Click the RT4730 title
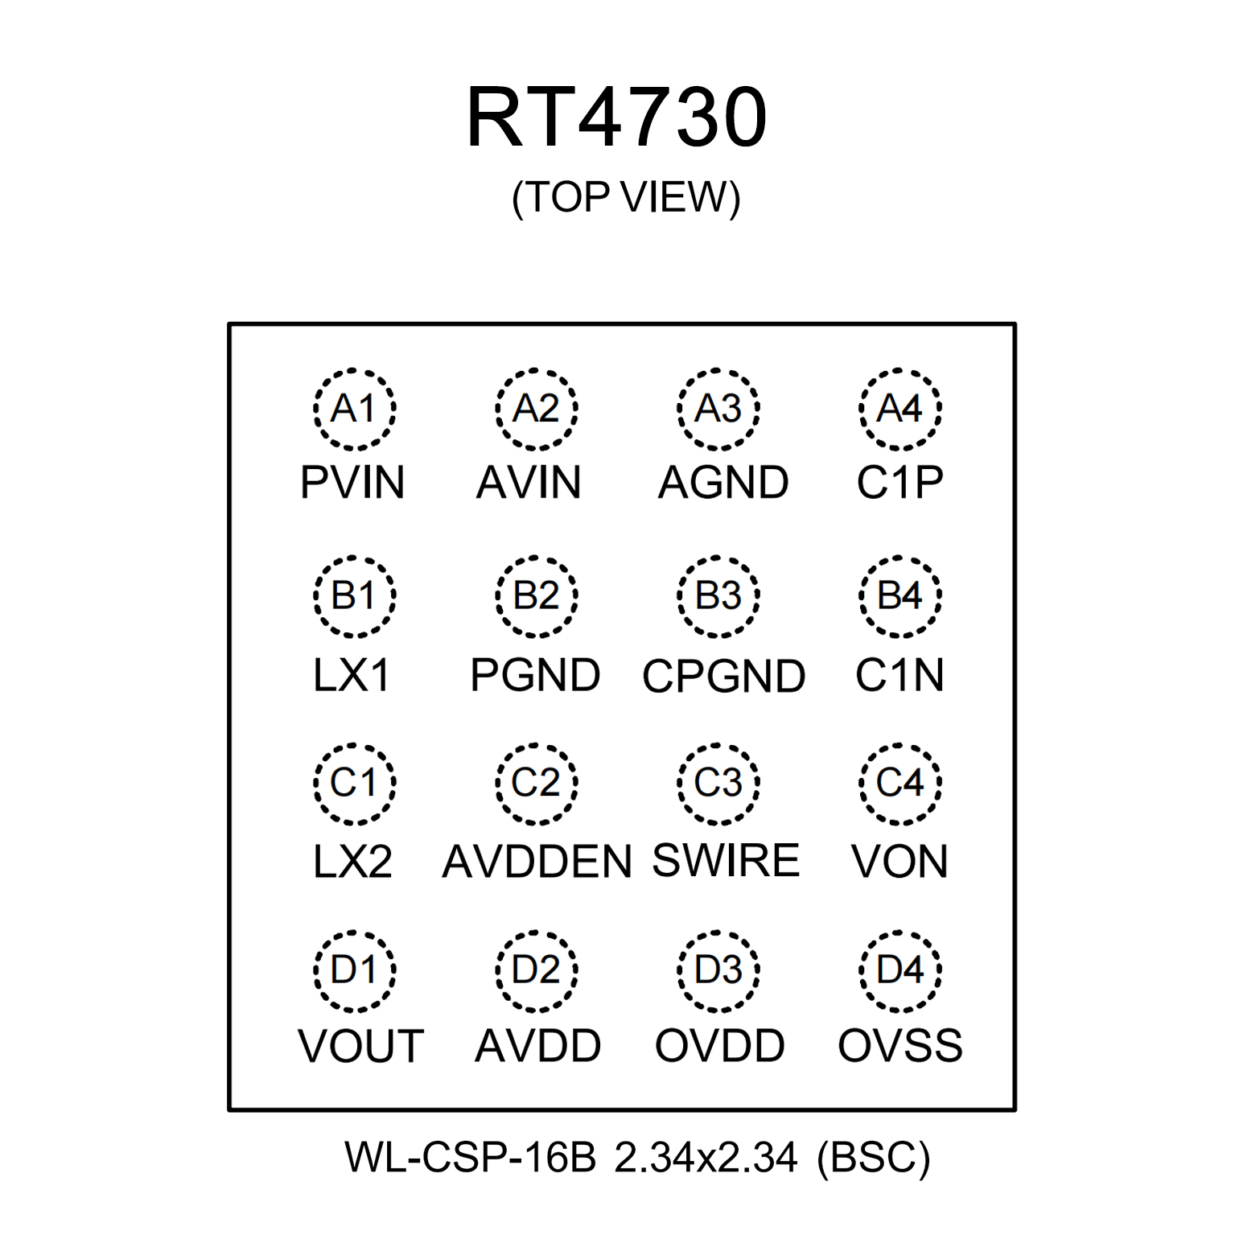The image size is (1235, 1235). (x=616, y=117)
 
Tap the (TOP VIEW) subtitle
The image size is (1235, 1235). (x=625, y=197)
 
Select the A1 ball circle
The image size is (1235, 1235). (x=354, y=409)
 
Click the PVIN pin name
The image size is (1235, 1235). (x=352, y=483)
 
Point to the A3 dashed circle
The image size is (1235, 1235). (x=718, y=409)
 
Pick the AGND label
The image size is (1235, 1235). (x=723, y=483)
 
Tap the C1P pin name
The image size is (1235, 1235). (x=899, y=483)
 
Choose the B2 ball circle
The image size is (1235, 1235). (x=537, y=596)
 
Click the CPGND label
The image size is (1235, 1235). (x=723, y=676)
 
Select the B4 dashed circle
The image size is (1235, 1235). (x=899, y=596)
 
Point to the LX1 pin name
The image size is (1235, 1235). (x=352, y=675)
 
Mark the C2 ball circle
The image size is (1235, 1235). (x=537, y=783)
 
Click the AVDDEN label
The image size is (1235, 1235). (x=537, y=862)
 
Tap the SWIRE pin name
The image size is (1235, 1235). (x=726, y=861)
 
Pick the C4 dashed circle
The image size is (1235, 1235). (x=899, y=783)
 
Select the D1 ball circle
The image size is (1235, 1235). (x=354, y=970)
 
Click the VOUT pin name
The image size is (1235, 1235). (x=360, y=1047)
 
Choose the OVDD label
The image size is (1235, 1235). (x=719, y=1046)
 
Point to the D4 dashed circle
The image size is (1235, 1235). (x=899, y=970)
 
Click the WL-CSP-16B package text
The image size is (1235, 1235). (x=470, y=1158)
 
